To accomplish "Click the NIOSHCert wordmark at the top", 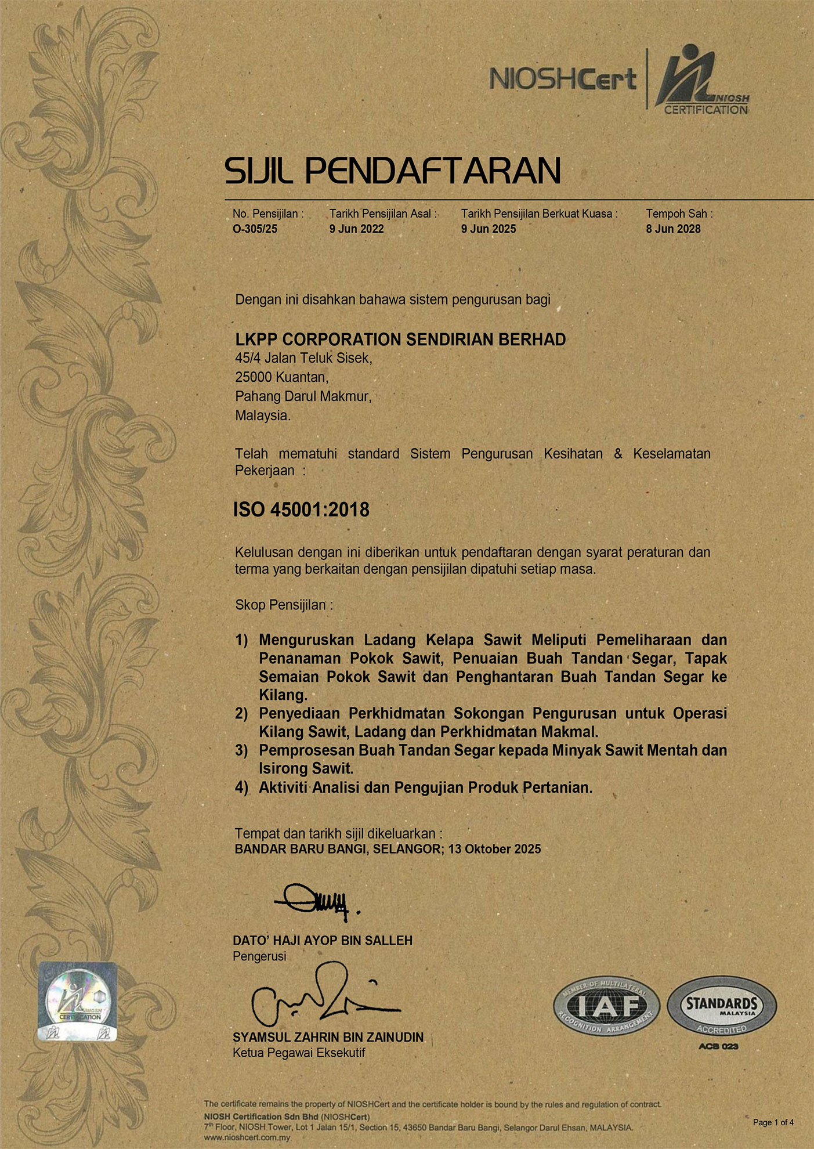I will (x=563, y=80).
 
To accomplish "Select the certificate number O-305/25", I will (x=255, y=229).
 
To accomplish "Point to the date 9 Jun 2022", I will (x=356, y=229).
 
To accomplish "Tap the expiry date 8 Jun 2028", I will (x=673, y=229).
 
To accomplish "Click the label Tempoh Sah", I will (x=679, y=214).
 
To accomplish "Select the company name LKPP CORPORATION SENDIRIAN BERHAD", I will (x=400, y=339).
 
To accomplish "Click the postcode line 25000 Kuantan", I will (x=282, y=377).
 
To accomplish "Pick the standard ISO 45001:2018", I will (x=301, y=510).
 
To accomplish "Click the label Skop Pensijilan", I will (x=284, y=605).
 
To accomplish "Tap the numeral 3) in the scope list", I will (x=241, y=750).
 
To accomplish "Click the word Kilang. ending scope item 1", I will (x=283, y=695).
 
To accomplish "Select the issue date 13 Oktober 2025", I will (x=494, y=849).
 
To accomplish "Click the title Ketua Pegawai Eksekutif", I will (x=299, y=1053).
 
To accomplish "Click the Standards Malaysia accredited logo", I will (x=721, y=1006).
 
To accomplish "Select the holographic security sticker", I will (x=78, y=1002).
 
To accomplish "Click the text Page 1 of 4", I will (x=773, y=1122).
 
